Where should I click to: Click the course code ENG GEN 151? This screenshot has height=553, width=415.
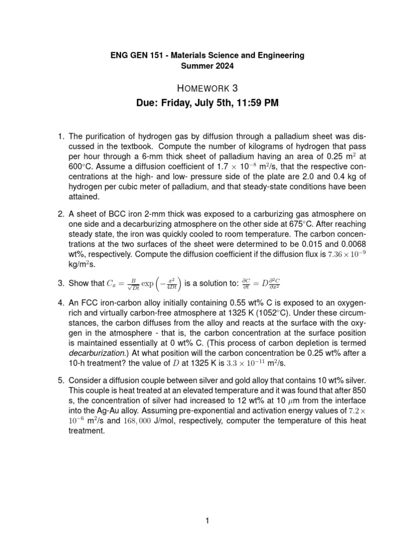pyautogui.click(x=123, y=55)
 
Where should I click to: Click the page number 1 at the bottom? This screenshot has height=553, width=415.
pyautogui.click(x=207, y=521)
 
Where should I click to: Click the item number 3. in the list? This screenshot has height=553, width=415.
pyautogui.click(x=61, y=282)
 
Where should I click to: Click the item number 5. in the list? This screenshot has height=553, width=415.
pyautogui.click(x=61, y=380)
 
